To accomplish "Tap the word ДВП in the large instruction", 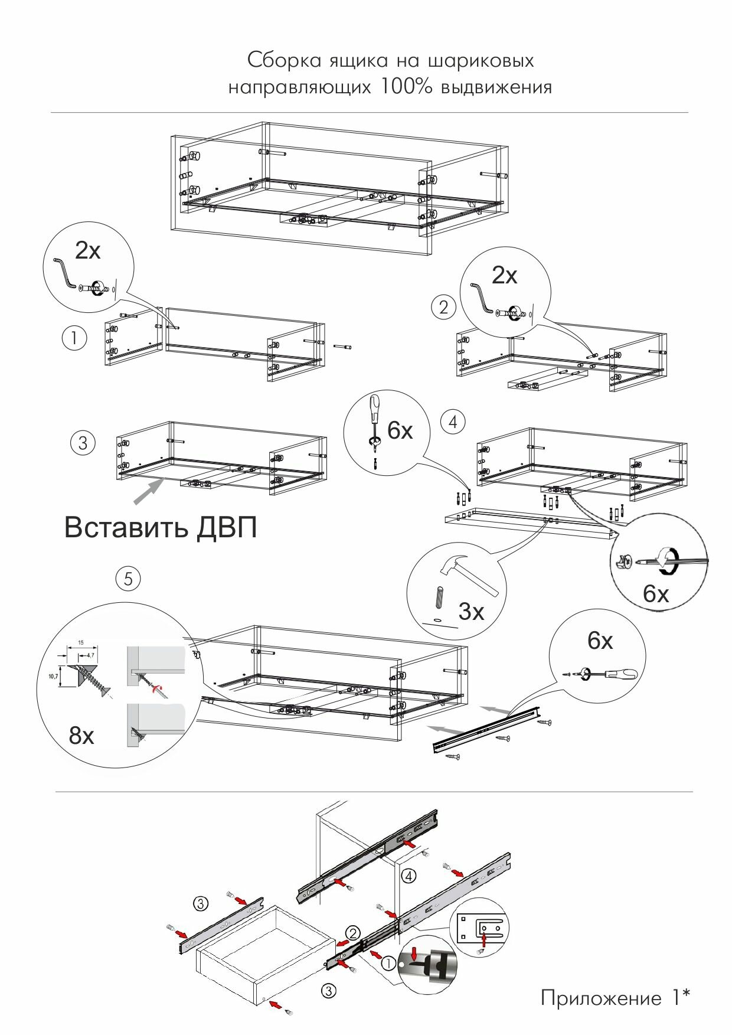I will click(x=227, y=527).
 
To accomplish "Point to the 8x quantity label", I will click(x=81, y=736).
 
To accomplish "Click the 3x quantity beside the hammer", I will click(x=471, y=612).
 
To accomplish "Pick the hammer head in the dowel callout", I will click(x=453, y=566).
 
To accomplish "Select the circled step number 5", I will click(x=128, y=579).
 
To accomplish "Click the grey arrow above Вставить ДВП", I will click(x=149, y=491).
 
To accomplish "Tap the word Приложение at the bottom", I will click(x=602, y=998).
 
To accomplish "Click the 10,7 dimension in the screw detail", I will click(x=53, y=677).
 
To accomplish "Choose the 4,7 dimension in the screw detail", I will click(x=90, y=655).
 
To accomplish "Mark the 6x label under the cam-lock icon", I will click(x=656, y=594).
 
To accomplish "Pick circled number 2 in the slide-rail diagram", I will click(x=352, y=933).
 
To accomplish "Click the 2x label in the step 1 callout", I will click(x=88, y=251).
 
